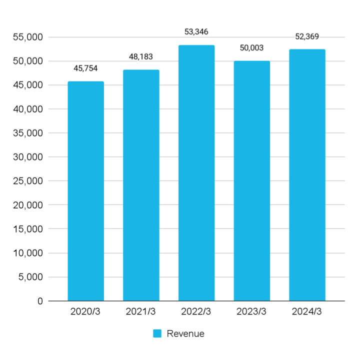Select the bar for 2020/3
[86, 191]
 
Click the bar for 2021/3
[141, 185]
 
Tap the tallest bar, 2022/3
[196, 173]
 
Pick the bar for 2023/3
[252, 181]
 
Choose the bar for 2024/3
[307, 175]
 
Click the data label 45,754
[86, 68]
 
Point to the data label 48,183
[141, 57]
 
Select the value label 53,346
[196, 32]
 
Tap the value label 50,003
[252, 48]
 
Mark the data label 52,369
[307, 36]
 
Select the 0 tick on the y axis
[40, 301]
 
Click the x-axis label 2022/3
[196, 311]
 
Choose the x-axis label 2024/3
[307, 311]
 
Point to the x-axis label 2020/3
[86, 311]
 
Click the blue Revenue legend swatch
[157, 333]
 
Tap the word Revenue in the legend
[185, 333]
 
